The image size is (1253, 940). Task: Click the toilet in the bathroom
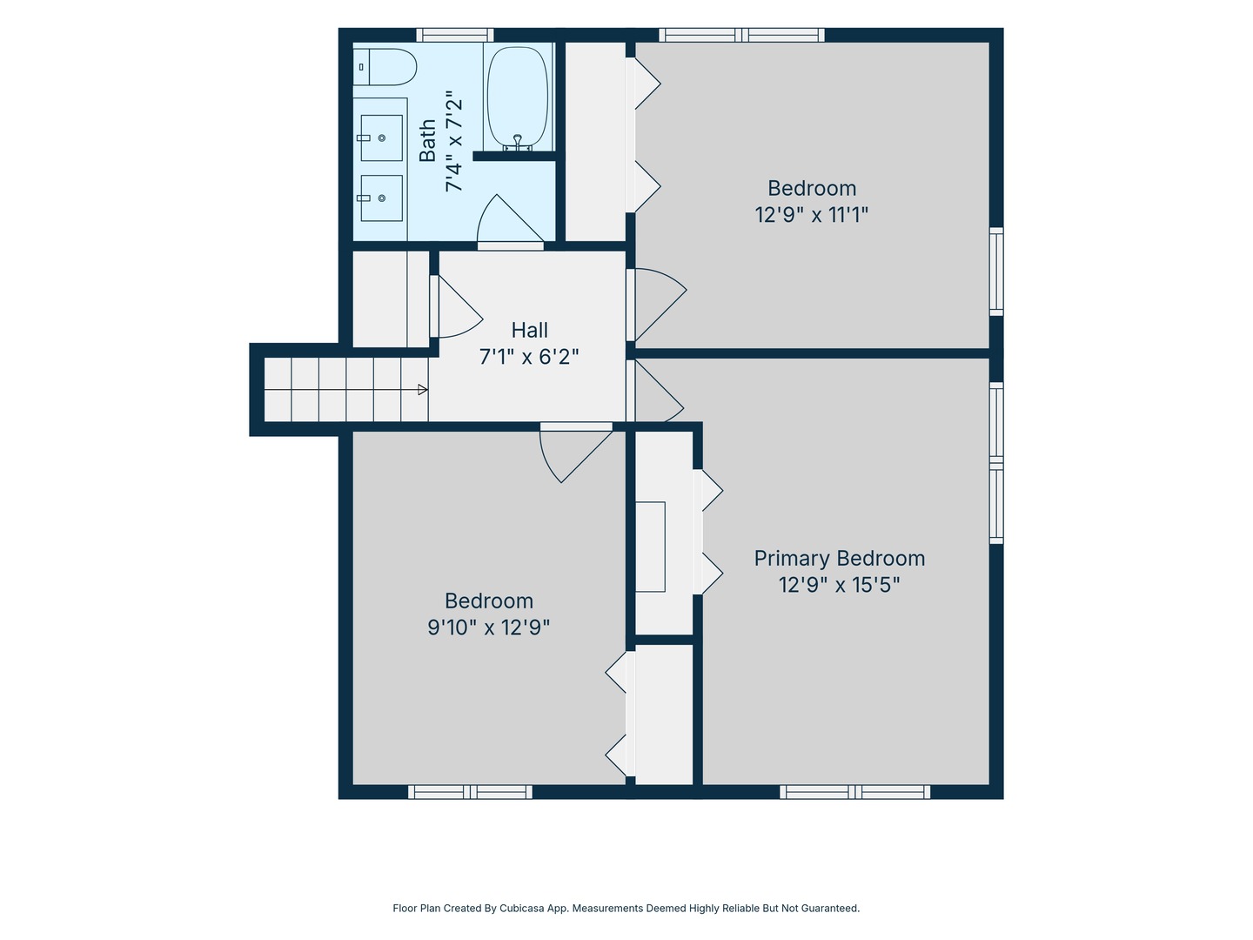tap(385, 67)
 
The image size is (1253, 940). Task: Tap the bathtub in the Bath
tap(518, 97)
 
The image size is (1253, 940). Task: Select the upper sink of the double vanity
tap(381, 138)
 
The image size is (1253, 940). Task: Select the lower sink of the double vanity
tap(381, 198)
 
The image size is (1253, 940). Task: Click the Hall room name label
tap(529, 330)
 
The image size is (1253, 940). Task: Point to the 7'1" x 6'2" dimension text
tap(529, 357)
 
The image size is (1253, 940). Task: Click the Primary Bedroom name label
tap(839, 558)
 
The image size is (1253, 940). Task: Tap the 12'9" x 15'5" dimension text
tap(839, 585)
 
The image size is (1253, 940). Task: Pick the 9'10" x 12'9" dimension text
tap(489, 628)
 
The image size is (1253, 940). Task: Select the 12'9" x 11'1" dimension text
tap(811, 215)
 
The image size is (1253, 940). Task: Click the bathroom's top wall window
tap(455, 35)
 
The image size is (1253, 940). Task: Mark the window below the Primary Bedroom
tap(854, 792)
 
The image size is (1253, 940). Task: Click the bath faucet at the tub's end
tap(518, 142)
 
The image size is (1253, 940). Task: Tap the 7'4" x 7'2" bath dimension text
tap(454, 140)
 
